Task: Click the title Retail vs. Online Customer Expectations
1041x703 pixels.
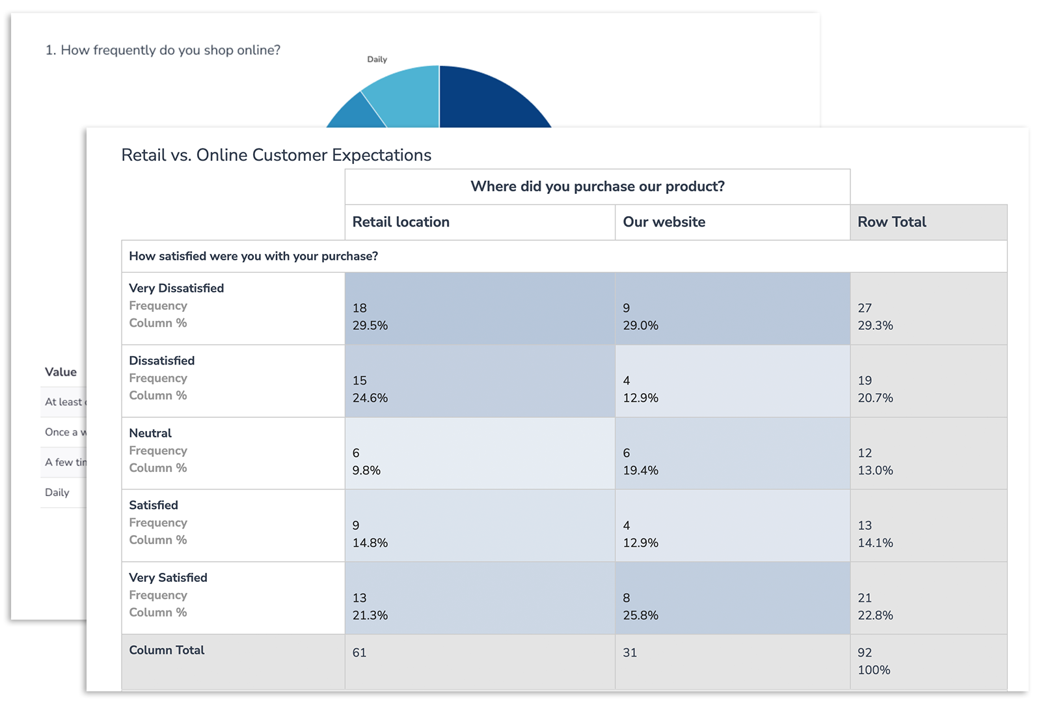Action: click(276, 155)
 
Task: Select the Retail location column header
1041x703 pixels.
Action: click(401, 222)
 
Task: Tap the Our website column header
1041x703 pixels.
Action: click(664, 222)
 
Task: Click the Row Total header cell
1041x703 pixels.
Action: click(891, 222)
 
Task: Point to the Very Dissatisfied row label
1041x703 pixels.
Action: click(176, 288)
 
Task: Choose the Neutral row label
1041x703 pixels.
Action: click(150, 434)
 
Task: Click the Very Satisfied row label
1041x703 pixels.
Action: click(168, 578)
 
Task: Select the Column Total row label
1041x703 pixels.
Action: click(167, 650)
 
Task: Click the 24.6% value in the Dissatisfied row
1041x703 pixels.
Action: click(370, 398)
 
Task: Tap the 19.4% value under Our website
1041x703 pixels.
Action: click(640, 471)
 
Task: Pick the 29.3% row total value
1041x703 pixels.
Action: click(875, 325)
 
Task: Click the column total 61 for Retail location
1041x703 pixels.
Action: click(359, 653)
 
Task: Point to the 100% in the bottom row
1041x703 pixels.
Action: click(874, 670)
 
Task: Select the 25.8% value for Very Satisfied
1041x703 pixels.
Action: click(640, 616)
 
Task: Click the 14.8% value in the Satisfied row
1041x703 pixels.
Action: click(370, 543)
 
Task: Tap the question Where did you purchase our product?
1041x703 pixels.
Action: click(597, 187)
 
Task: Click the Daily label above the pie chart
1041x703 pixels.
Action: click(377, 59)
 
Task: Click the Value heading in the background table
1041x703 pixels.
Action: click(61, 372)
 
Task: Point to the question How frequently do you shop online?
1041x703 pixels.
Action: click(163, 50)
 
